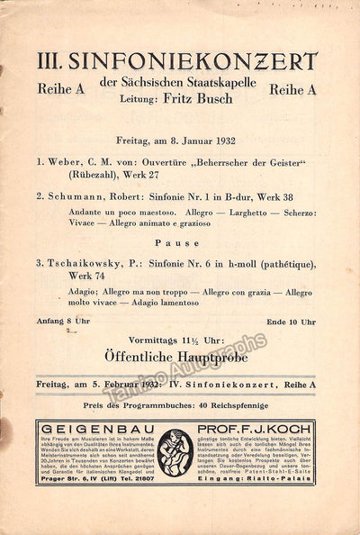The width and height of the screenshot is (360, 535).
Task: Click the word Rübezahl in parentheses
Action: [x=84, y=176]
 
